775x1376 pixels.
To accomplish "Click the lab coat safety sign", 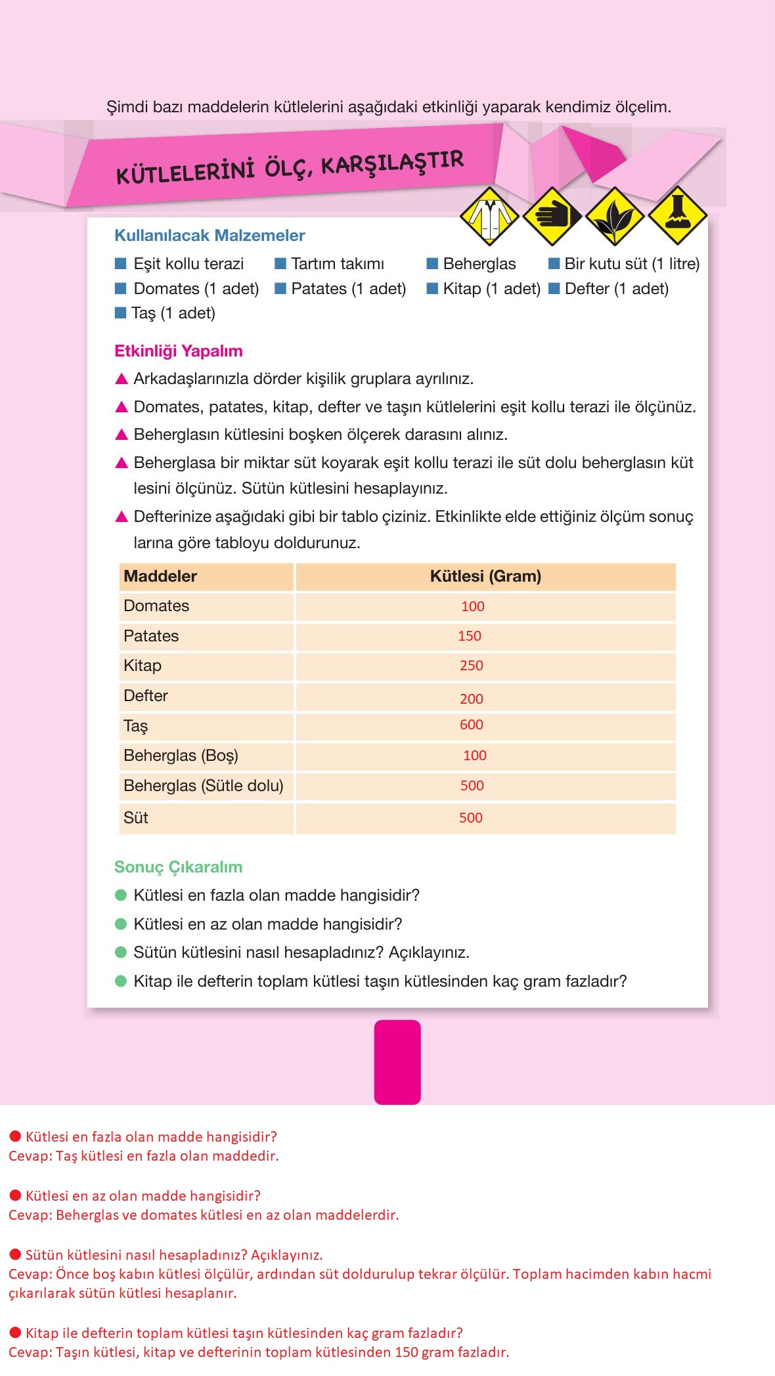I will point(489,215).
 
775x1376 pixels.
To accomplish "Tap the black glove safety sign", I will point(552,215).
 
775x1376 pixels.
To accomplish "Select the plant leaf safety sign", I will point(615,215).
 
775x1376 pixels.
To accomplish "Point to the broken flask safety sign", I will point(677,215).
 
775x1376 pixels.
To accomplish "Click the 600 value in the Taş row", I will point(472,725).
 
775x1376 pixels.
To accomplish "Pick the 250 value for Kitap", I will point(472,666).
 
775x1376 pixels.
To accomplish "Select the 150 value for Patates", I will point(470,636).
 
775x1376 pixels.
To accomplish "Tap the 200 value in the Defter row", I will point(472,699).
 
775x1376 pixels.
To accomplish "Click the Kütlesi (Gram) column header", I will point(485,576).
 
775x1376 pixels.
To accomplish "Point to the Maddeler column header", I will point(160,576).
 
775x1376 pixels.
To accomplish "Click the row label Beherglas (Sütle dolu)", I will point(204,786).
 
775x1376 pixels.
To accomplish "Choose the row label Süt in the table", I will point(136,818).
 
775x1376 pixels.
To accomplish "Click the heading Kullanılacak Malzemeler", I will point(210,236).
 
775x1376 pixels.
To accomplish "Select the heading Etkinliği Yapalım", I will point(179,351).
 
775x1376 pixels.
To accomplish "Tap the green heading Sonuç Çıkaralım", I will point(179,867).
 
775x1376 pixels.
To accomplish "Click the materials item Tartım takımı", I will point(337,264).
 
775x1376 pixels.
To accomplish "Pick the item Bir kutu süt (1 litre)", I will point(632,264).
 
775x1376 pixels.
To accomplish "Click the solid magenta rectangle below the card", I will point(397,1062).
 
